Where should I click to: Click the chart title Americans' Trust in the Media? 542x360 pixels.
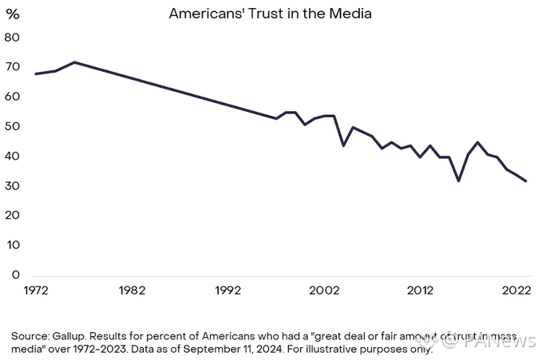click(271, 14)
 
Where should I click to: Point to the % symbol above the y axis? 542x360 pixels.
click(12, 14)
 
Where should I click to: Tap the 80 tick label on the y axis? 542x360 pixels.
click(12, 38)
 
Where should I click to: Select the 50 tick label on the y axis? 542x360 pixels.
click(12, 127)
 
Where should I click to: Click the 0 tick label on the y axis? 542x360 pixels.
click(15, 275)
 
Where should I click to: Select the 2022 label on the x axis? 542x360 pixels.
click(516, 291)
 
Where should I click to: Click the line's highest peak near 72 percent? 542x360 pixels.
click(74, 61)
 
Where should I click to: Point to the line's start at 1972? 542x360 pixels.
click(36, 73)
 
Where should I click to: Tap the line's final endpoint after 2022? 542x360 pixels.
click(525, 181)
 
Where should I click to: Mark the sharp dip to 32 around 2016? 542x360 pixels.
click(458, 180)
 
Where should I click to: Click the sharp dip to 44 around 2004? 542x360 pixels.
click(343, 145)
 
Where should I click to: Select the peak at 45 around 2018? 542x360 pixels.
click(477, 142)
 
